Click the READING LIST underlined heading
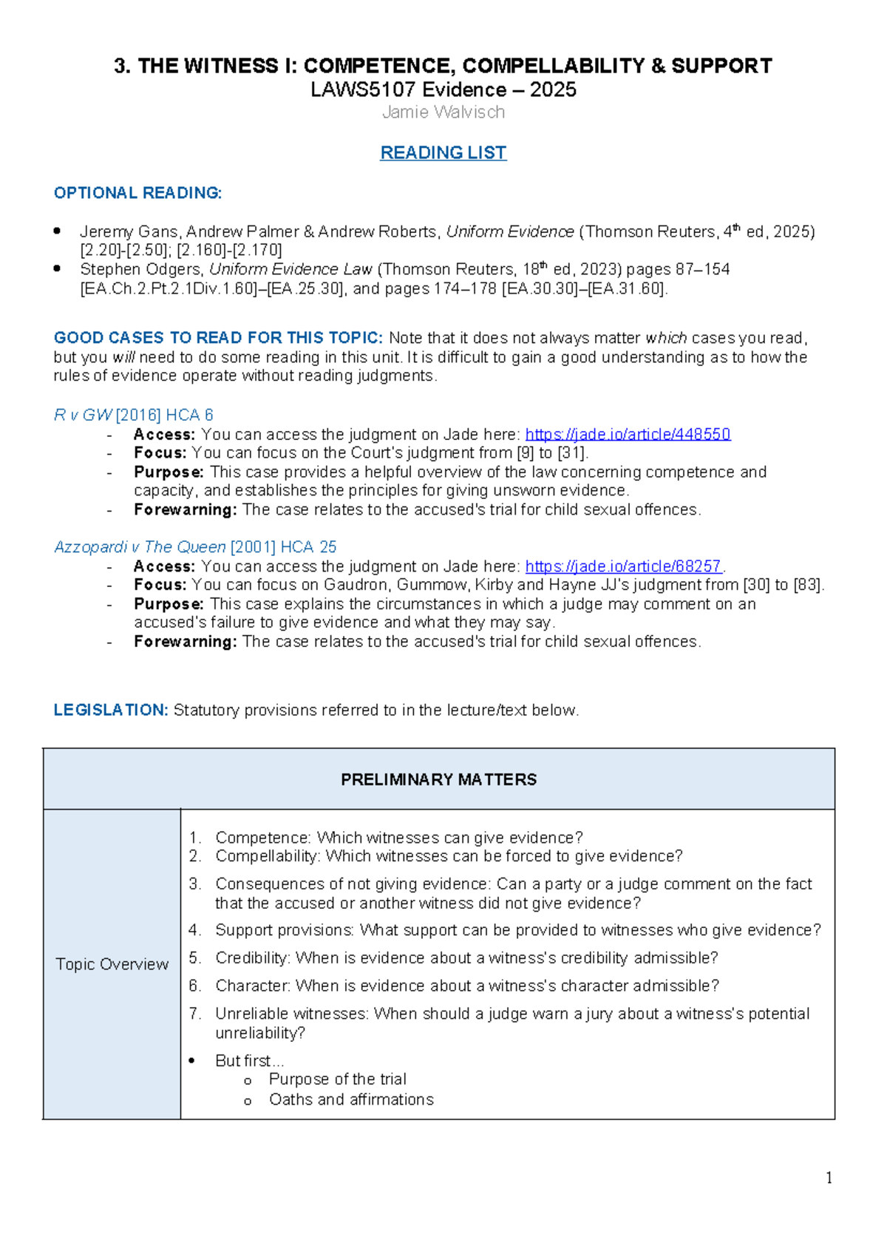[x=443, y=152]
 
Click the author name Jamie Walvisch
[x=443, y=112]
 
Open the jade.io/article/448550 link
[x=628, y=434]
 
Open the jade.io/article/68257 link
[x=623, y=566]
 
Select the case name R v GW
[x=83, y=415]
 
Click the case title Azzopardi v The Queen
[x=140, y=547]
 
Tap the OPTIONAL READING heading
[x=137, y=193]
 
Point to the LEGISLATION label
[x=111, y=710]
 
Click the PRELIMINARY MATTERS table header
[x=438, y=779]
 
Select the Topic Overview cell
[x=112, y=964]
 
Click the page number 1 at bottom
[x=829, y=1178]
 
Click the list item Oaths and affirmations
[x=351, y=1099]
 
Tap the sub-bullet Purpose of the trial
[x=337, y=1080]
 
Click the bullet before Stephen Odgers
[x=58, y=268]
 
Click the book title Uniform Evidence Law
[x=290, y=269]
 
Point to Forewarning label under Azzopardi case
[x=185, y=642]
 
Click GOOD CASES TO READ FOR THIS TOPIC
[x=218, y=338]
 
